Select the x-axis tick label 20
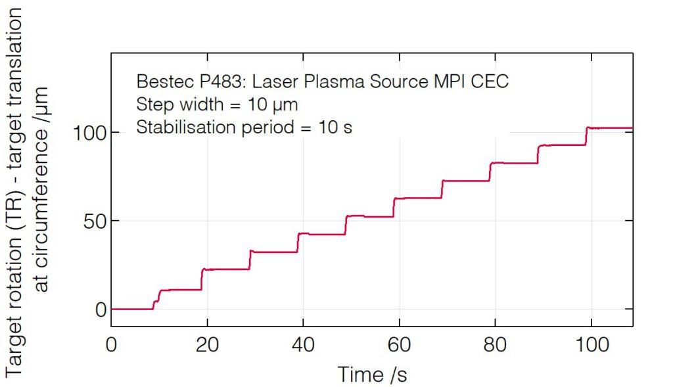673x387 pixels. pos(207,344)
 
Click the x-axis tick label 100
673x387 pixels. pos(591,344)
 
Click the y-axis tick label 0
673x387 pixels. pos(100,309)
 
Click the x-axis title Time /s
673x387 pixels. pos(372,375)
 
